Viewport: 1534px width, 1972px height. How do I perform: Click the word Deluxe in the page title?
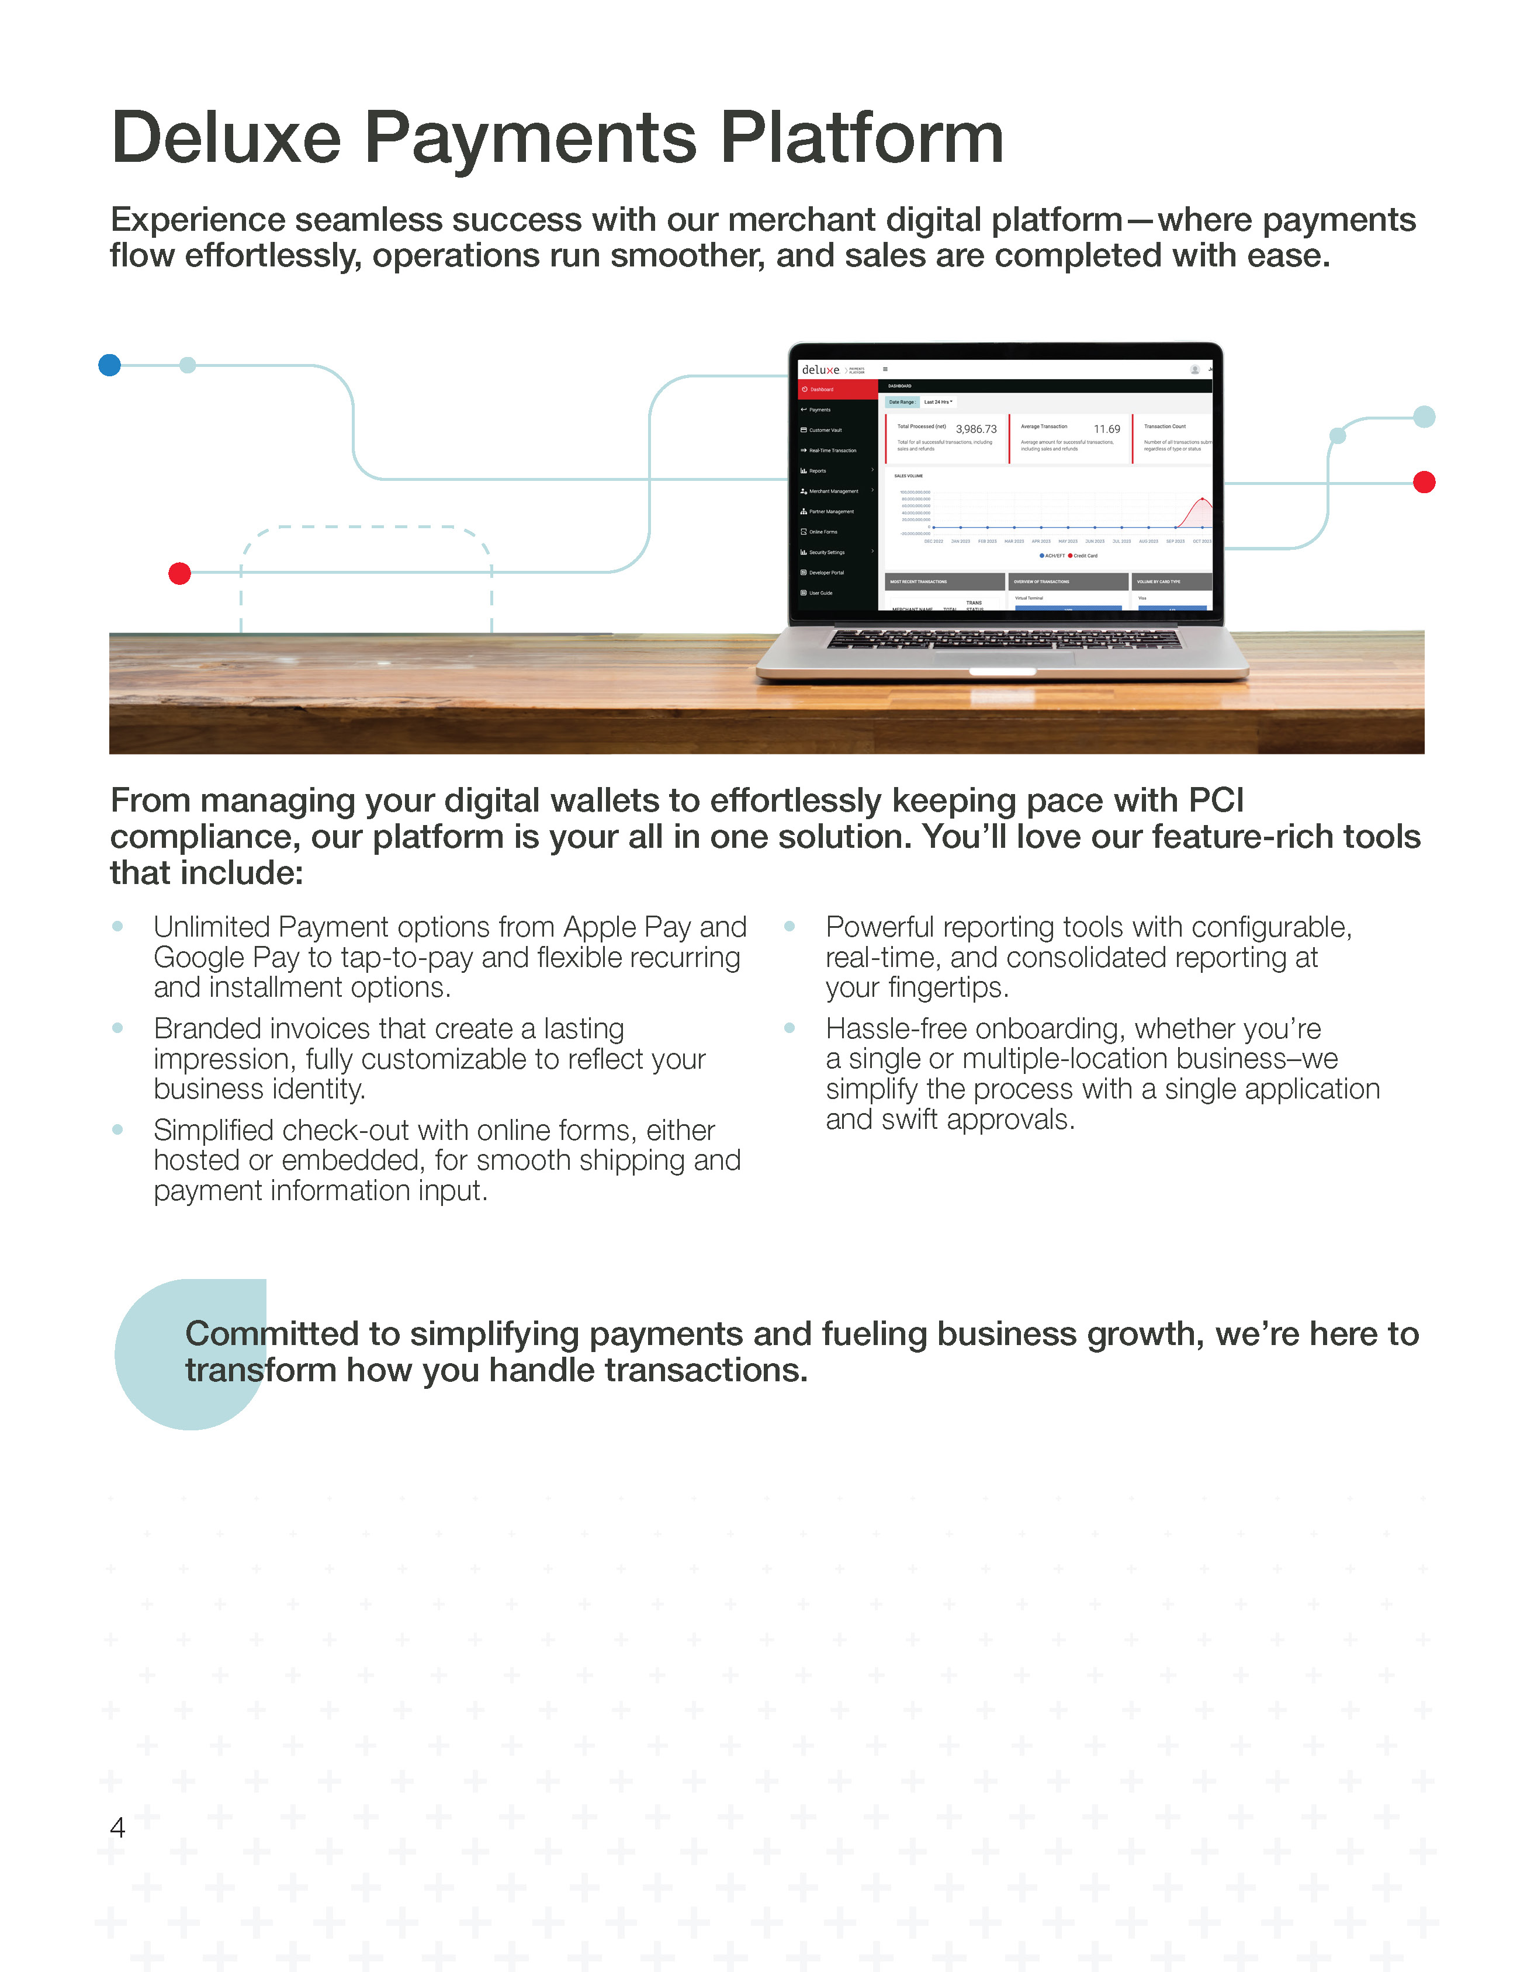[x=226, y=138]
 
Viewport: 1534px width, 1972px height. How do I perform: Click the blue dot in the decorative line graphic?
[x=109, y=365]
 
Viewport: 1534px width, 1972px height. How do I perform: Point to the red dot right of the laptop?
[x=1424, y=482]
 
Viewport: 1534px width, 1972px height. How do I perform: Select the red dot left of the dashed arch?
[x=179, y=573]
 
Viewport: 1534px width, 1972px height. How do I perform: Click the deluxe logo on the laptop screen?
[x=820, y=370]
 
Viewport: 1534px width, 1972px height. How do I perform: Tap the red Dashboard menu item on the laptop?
[x=822, y=389]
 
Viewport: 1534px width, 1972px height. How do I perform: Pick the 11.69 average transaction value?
[x=1106, y=429]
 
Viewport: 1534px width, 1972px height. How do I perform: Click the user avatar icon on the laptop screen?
[x=1194, y=369]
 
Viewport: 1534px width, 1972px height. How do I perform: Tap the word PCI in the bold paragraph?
[x=1216, y=800]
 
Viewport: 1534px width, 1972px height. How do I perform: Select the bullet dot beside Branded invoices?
[x=117, y=1028]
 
